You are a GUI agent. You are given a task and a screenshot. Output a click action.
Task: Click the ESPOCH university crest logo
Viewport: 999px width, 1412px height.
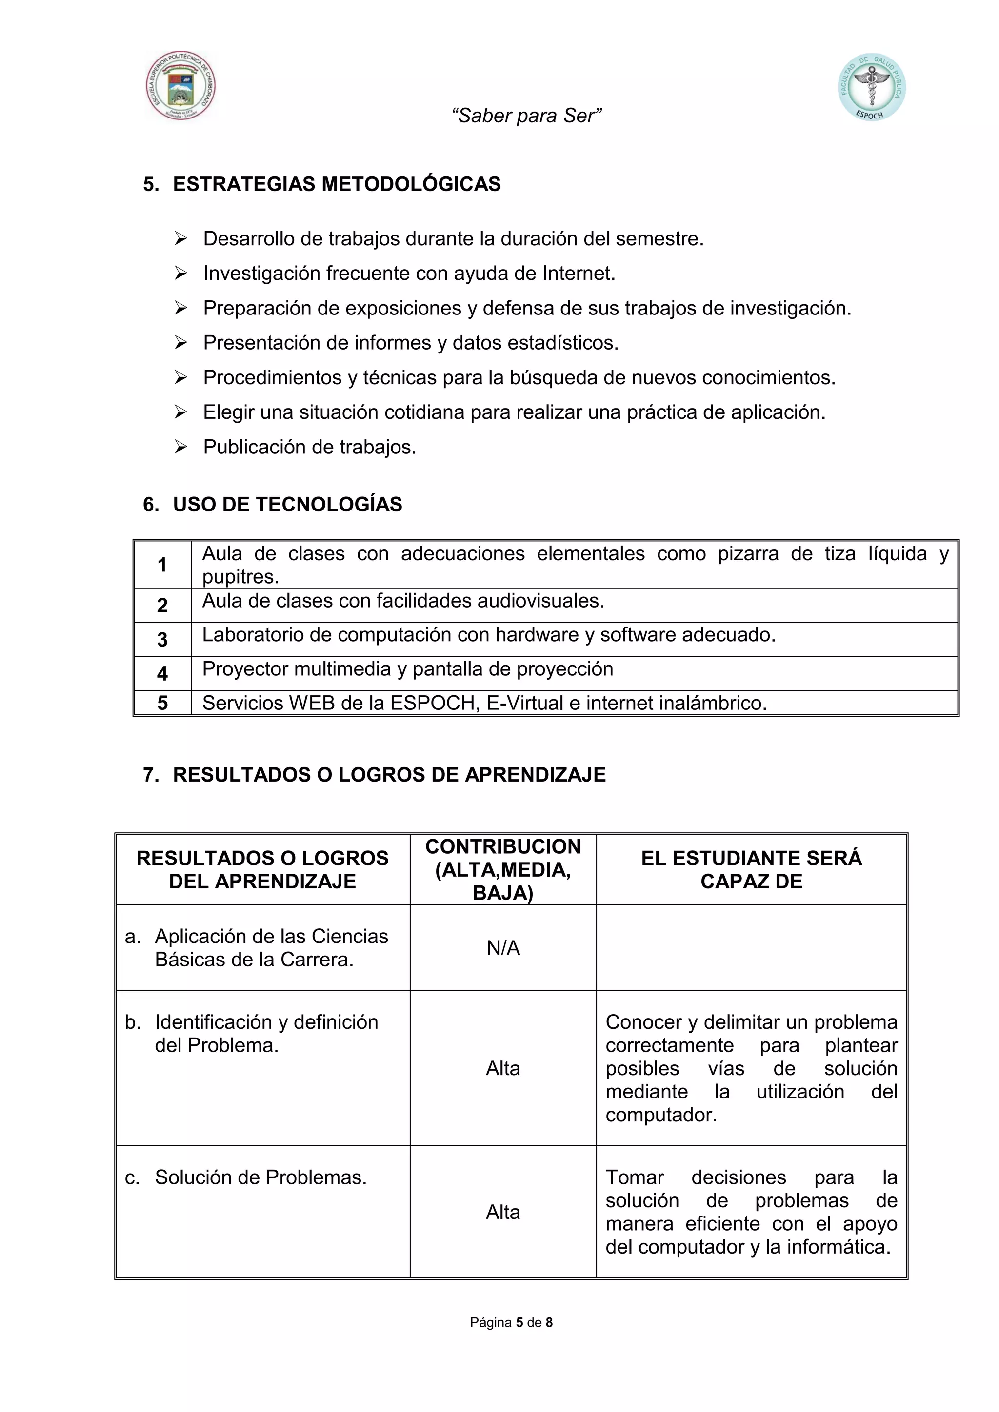[x=180, y=85]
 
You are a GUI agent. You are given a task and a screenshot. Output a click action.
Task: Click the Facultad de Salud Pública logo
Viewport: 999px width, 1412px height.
[x=871, y=87]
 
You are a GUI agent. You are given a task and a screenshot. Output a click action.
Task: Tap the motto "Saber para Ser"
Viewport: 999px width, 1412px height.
[x=526, y=116]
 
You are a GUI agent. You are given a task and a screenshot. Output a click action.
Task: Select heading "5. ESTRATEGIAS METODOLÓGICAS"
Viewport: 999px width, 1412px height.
[x=322, y=184]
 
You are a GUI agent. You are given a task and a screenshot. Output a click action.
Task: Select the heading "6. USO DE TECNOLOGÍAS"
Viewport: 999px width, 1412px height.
[x=273, y=504]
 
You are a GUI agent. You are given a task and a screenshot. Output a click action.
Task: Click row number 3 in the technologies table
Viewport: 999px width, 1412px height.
[x=162, y=640]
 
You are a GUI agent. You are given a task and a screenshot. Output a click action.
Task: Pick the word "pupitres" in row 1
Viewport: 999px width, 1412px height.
[x=240, y=577]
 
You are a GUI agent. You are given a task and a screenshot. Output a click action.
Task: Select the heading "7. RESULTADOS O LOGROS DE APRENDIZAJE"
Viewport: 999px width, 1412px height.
[x=374, y=774]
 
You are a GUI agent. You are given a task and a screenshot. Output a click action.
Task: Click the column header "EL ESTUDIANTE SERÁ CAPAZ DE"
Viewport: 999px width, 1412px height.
[x=751, y=870]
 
